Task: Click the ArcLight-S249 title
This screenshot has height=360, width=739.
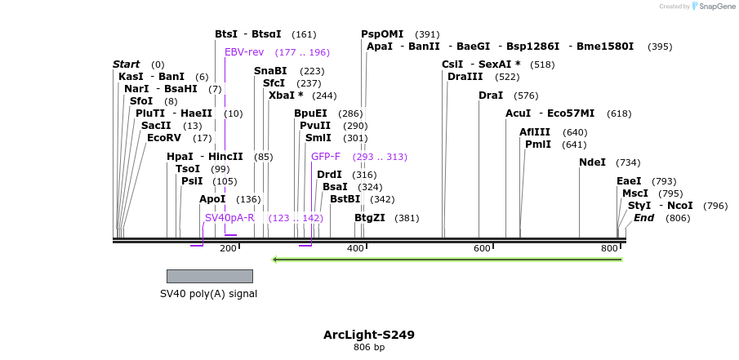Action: (x=368, y=335)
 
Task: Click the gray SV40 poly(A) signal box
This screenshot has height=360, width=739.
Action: (x=209, y=276)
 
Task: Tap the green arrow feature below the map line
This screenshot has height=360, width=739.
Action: (x=447, y=260)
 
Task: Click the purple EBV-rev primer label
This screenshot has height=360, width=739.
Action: (x=244, y=52)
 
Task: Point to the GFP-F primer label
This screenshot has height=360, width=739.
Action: (x=326, y=157)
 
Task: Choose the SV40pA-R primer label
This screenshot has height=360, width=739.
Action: (x=229, y=218)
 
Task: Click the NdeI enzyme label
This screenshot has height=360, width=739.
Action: (x=592, y=162)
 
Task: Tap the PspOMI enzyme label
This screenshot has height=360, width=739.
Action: (x=382, y=34)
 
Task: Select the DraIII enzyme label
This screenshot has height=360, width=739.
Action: (x=465, y=77)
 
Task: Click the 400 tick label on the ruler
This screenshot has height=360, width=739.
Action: (x=355, y=248)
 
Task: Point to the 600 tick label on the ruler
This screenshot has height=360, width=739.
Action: (x=482, y=248)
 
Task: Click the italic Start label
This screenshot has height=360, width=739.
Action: (x=127, y=64)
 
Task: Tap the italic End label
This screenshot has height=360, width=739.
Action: (x=643, y=218)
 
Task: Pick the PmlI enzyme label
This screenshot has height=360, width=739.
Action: (x=538, y=144)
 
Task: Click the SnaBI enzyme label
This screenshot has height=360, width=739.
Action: (x=270, y=71)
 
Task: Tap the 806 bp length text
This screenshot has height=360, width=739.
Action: (x=368, y=347)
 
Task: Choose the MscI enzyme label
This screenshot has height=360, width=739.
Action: (x=635, y=193)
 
